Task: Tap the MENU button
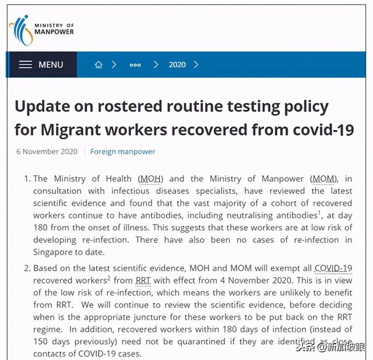click(x=41, y=65)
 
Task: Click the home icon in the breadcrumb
click(x=98, y=65)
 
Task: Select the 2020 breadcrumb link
click(x=177, y=65)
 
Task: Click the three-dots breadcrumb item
click(x=135, y=65)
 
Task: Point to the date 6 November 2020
click(x=47, y=151)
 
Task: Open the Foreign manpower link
click(x=122, y=151)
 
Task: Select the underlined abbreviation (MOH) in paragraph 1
click(x=151, y=178)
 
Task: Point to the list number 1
click(x=27, y=178)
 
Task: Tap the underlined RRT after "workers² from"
click(x=143, y=280)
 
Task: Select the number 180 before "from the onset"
click(x=41, y=228)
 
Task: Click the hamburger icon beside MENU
click(x=25, y=65)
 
